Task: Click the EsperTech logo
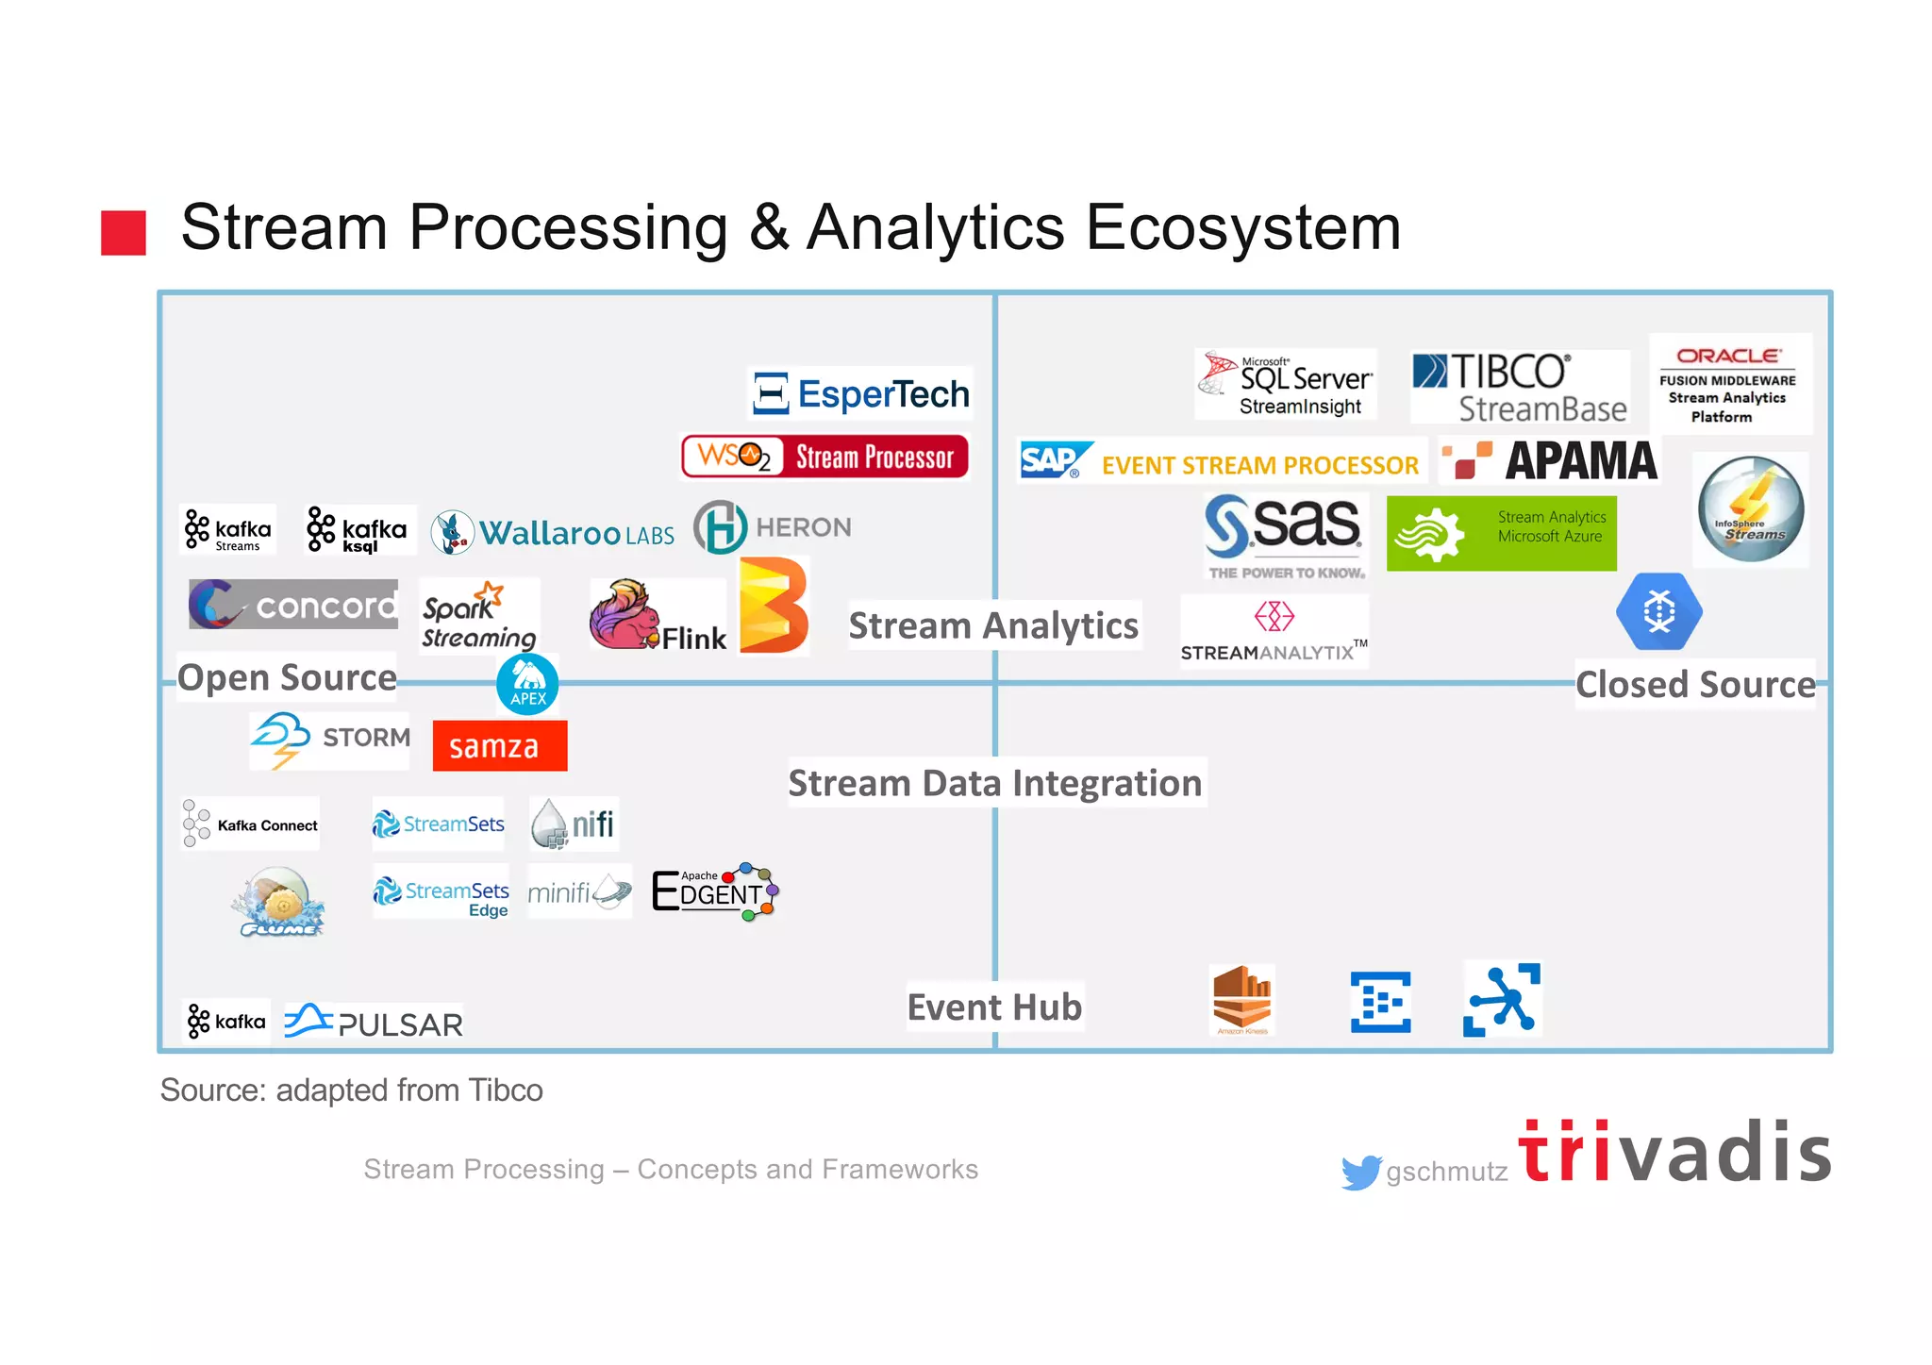pos(861,393)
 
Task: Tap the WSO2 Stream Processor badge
pos(824,457)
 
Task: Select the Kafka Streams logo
pos(228,530)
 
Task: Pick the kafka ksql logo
pos(358,530)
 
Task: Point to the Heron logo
pos(773,527)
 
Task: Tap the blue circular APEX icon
pos(527,684)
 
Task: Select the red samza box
pos(499,746)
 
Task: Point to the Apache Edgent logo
pos(715,891)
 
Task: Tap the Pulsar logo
pos(374,1023)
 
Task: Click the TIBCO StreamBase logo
pos(1519,388)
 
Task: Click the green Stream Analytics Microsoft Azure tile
pos(1501,534)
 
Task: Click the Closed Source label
pos(1694,685)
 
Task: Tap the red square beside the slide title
pos(124,233)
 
